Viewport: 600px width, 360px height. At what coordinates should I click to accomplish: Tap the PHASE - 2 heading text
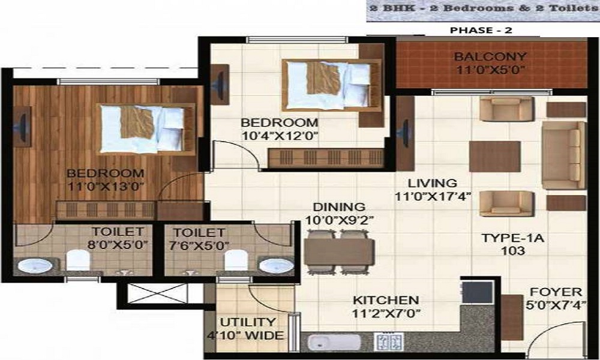tap(481, 30)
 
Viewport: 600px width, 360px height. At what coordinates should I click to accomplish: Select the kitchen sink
tap(334, 343)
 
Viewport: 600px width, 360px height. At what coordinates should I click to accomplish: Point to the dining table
tap(339, 252)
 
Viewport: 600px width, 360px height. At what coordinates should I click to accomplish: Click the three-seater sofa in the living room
tap(563, 155)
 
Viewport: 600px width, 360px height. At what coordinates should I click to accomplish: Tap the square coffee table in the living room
tap(495, 157)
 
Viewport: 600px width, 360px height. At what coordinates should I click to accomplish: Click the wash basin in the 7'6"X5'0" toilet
tap(276, 266)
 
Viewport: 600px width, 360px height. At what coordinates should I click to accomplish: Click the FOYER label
tap(556, 292)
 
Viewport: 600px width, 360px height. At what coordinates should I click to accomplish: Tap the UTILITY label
tap(248, 322)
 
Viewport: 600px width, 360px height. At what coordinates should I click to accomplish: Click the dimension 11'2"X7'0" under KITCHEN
tap(386, 314)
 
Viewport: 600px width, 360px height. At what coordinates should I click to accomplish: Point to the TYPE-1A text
tap(513, 238)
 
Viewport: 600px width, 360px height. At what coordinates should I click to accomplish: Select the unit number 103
tap(513, 251)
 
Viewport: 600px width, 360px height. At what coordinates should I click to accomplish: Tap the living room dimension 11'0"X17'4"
tap(433, 197)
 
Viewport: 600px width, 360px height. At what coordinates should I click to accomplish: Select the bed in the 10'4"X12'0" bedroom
tap(332, 85)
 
